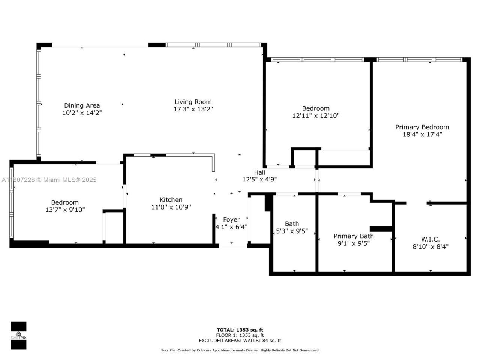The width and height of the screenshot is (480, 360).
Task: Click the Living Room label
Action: click(x=193, y=102)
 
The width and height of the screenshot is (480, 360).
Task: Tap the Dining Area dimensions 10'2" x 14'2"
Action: click(x=82, y=112)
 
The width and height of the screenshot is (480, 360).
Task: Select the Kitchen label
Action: click(x=171, y=200)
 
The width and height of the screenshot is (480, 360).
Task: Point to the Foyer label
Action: click(x=231, y=220)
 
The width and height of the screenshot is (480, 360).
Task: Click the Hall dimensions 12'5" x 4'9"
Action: click(x=259, y=180)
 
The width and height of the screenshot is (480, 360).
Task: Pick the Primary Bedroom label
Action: click(x=422, y=127)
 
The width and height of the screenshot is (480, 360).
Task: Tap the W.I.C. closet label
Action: click(x=430, y=239)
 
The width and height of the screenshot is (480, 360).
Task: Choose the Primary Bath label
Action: click(x=354, y=236)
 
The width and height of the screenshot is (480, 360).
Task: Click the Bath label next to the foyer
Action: click(x=292, y=224)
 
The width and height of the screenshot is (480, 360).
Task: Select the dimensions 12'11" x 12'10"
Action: click(x=316, y=116)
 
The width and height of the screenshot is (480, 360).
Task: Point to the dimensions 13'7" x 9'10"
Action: click(x=65, y=210)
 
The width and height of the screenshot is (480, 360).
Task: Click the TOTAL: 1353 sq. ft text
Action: click(x=240, y=330)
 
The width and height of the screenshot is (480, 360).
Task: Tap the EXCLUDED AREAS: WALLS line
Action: click(x=240, y=340)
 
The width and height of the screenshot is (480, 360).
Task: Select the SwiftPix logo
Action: click(x=18, y=335)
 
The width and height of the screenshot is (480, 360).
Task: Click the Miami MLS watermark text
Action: click(x=49, y=180)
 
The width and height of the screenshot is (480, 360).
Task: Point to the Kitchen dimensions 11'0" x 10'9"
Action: click(x=171, y=207)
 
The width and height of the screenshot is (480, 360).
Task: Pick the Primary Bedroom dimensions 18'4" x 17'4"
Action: click(x=422, y=134)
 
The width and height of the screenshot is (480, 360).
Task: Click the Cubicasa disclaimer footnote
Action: click(x=240, y=350)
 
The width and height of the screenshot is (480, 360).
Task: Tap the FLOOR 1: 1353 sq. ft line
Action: click(x=240, y=335)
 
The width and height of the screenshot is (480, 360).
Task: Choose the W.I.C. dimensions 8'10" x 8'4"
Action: click(x=430, y=246)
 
